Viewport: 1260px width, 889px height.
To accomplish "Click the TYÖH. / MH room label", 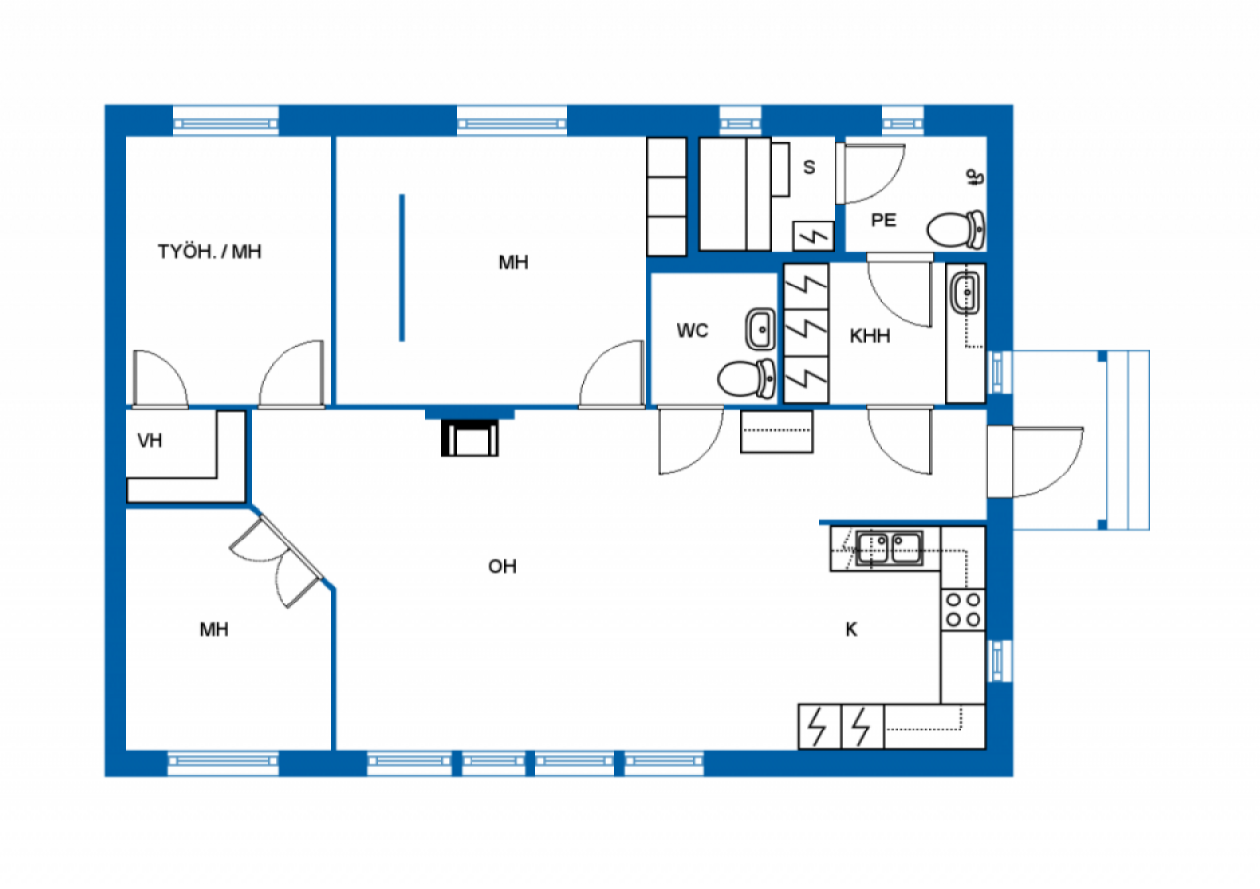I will point(210,252).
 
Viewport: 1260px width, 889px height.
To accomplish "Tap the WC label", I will point(692,331).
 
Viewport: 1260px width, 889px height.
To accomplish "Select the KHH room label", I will point(870,336).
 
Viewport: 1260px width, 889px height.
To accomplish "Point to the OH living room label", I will point(502,567).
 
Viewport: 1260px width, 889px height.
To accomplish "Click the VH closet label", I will point(150,441).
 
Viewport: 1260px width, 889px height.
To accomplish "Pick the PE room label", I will point(884,221).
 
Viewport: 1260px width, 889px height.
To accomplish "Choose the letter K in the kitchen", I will point(851,630).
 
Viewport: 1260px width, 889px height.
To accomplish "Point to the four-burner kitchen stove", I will point(963,609).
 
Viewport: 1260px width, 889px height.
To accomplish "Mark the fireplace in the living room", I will point(470,438).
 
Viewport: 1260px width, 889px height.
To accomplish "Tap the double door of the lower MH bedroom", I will point(278,561).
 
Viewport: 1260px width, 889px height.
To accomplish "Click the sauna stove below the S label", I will point(814,236).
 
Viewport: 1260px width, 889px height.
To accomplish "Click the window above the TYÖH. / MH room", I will point(226,121).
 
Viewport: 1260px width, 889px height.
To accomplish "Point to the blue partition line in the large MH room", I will point(402,268).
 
